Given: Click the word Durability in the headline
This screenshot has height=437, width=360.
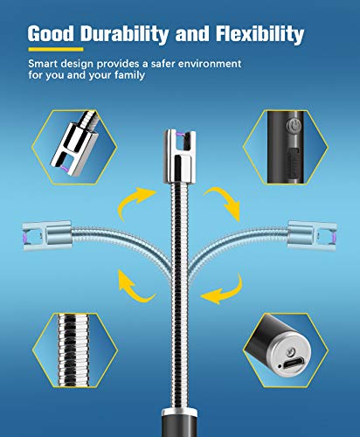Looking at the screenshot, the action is coord(124,35).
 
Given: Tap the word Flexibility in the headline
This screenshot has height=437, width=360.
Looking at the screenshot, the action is coord(260,35).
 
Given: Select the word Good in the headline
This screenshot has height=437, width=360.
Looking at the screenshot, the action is coord(51,33).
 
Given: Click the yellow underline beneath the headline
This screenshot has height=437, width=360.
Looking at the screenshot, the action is coord(56,49).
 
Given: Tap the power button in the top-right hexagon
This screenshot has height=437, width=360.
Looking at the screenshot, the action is coord(293,126).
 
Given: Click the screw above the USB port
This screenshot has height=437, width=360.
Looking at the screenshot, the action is coord(291,352).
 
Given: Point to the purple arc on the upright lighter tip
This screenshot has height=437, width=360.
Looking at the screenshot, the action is coord(180,134).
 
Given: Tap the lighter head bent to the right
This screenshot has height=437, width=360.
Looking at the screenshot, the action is coord(312,235).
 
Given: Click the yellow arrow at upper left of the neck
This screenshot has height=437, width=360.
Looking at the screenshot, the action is coord(133,201).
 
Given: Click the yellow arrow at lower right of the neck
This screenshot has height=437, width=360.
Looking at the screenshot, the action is coord(225,291).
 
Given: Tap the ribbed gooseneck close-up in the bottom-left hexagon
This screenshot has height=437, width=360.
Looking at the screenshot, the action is coord(73,350).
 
